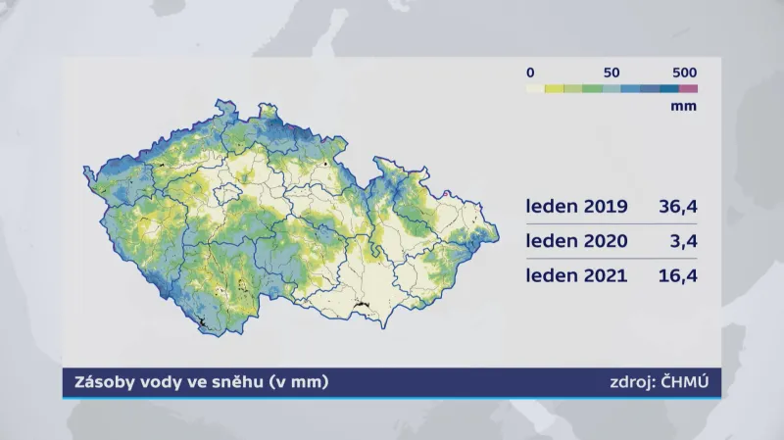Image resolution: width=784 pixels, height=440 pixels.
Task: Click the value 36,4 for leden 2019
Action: click(x=676, y=207)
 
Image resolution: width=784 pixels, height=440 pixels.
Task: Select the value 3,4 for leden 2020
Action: click(x=681, y=241)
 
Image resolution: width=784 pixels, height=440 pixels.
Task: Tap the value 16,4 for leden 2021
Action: click(x=676, y=275)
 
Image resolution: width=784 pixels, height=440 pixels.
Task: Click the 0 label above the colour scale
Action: click(x=530, y=73)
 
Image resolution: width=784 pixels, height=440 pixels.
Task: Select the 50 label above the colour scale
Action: click(x=612, y=73)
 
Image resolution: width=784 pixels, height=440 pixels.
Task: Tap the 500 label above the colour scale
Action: click(x=685, y=73)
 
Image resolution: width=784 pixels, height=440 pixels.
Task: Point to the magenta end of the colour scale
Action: click(x=688, y=89)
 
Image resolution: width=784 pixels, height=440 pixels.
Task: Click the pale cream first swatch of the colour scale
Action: click(x=535, y=89)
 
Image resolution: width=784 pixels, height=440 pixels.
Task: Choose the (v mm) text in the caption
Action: click(x=298, y=382)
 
